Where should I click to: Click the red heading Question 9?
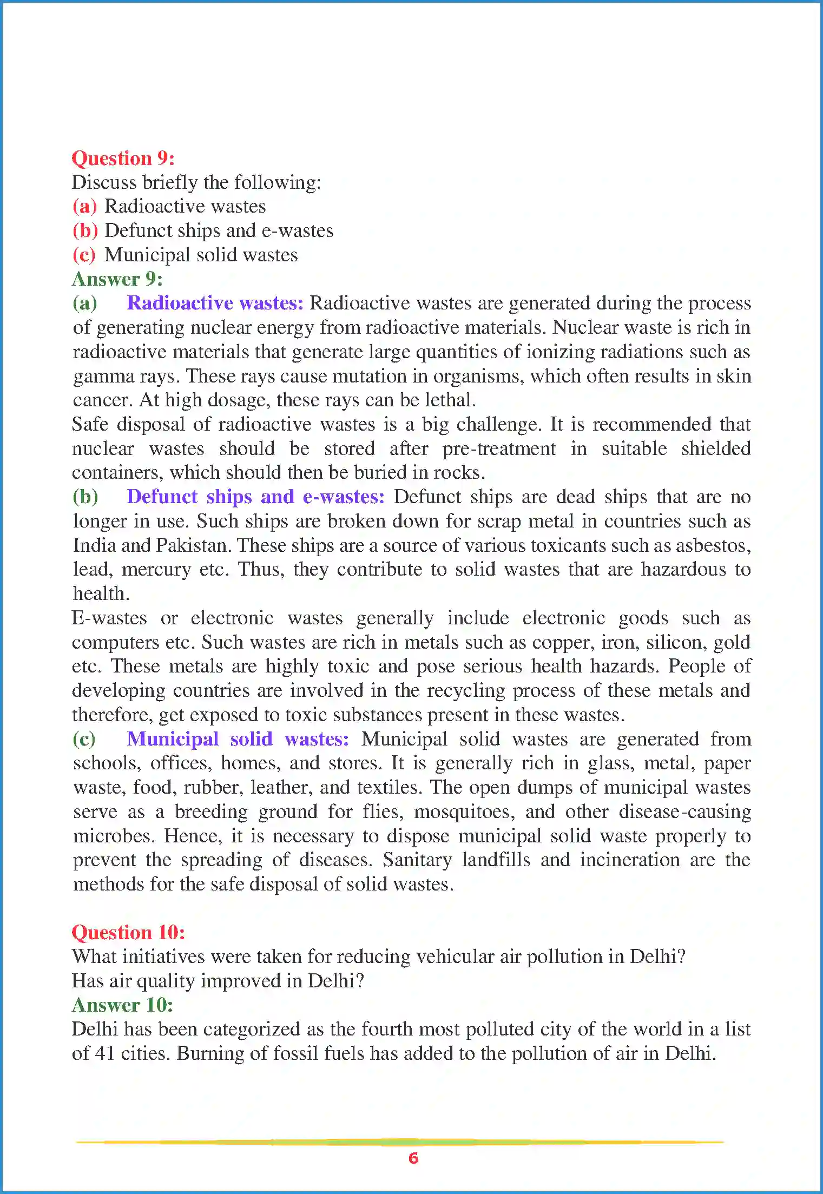click(123, 159)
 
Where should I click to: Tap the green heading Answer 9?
click(117, 279)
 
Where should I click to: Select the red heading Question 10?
click(128, 932)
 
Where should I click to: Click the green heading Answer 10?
click(122, 1005)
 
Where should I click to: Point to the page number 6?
click(413, 1158)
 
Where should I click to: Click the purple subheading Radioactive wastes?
click(215, 303)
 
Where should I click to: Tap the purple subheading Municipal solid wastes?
click(238, 739)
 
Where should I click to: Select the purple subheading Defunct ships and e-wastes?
click(255, 497)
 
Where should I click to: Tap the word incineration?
click(629, 860)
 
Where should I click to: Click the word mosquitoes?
click(464, 812)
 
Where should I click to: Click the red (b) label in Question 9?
click(85, 231)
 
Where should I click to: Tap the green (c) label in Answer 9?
click(84, 739)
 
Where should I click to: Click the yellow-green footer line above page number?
click(400, 1142)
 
